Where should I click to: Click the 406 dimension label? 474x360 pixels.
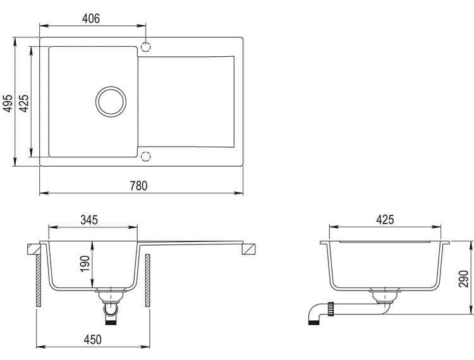tap(90, 18)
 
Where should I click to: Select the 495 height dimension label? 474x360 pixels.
tap(8, 103)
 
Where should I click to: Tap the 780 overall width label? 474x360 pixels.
tap(139, 186)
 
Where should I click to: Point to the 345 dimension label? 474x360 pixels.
tap(89, 220)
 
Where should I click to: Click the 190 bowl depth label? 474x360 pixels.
tap(85, 263)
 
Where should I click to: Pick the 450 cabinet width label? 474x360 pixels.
tap(92, 339)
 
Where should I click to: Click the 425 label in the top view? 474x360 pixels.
tap(24, 103)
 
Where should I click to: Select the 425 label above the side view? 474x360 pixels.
tap(385, 220)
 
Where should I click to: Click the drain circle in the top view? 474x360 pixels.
tap(111, 87)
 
